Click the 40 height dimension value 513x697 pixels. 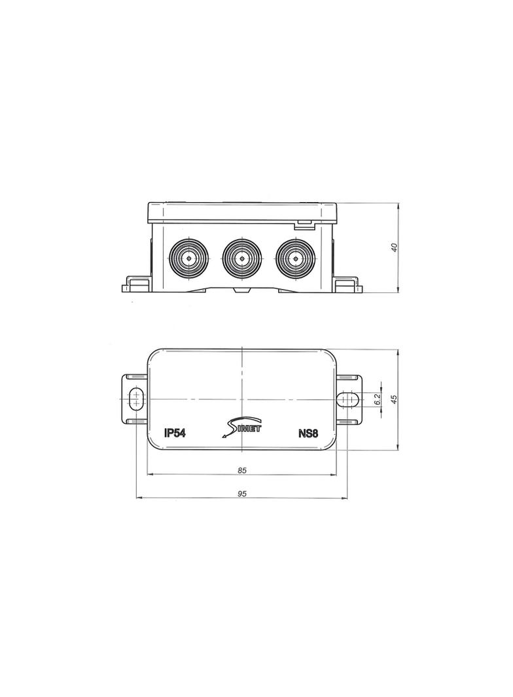[x=394, y=247]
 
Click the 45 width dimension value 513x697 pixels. [x=394, y=399]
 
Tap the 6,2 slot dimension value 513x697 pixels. [x=378, y=399]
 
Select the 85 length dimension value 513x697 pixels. [x=241, y=470]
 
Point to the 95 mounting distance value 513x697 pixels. [x=241, y=494]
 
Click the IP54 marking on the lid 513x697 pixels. [x=175, y=433]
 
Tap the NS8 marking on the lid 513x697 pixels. [x=308, y=433]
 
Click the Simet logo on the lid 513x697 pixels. [x=241, y=427]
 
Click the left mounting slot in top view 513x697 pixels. [x=136, y=398]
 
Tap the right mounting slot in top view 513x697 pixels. [x=347, y=398]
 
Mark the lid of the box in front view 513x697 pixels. [x=241, y=212]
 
